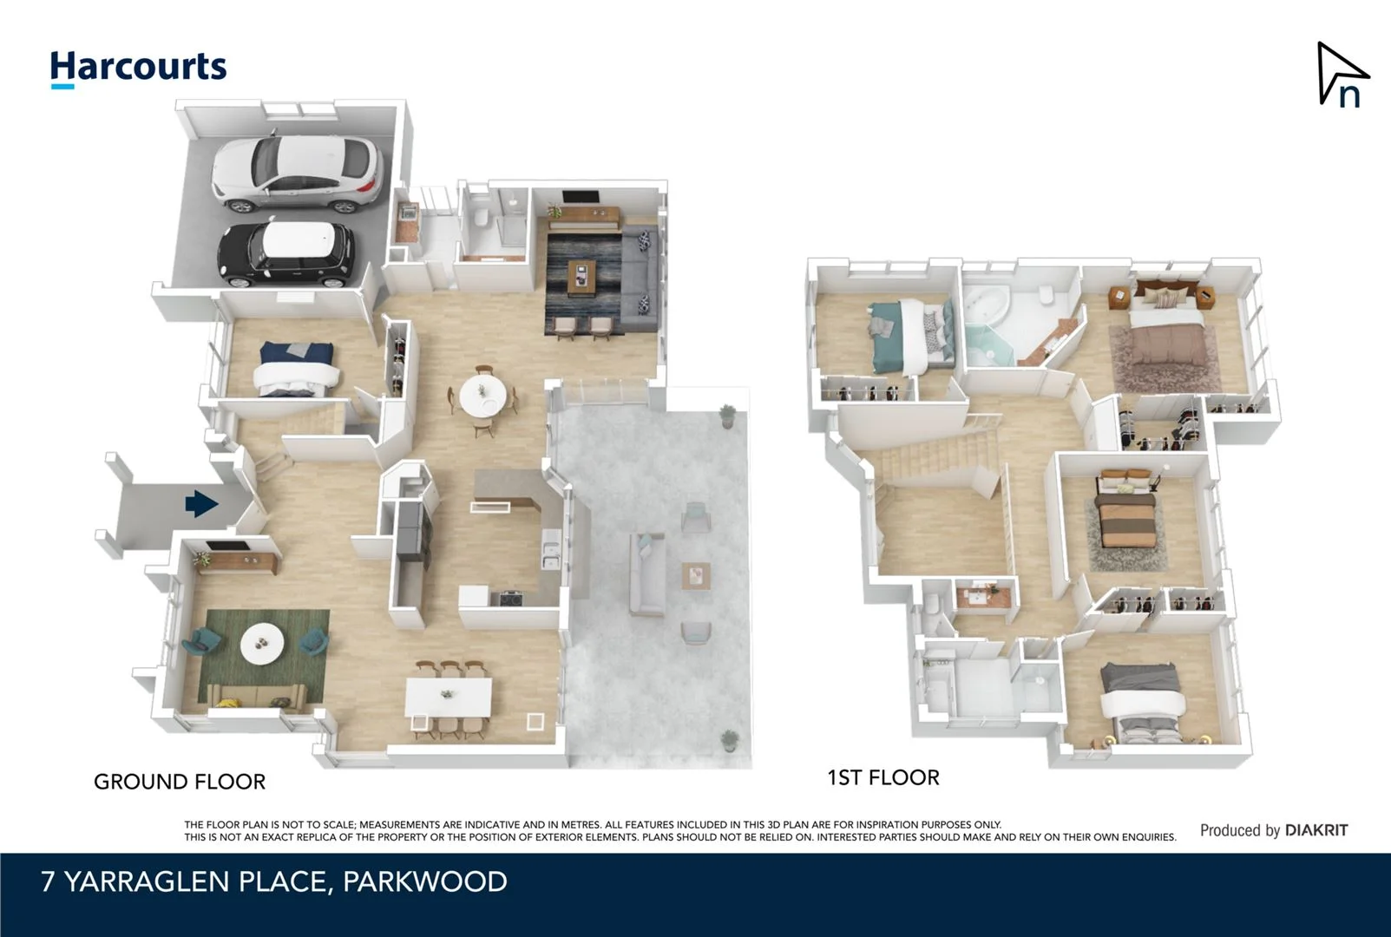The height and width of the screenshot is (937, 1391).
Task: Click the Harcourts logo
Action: pyautogui.click(x=138, y=68)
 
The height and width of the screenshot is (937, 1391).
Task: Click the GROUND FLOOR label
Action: pyautogui.click(x=180, y=782)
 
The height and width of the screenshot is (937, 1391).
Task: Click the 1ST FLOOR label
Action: pyautogui.click(x=883, y=777)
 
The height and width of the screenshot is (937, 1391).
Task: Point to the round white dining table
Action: pyautogui.click(x=482, y=396)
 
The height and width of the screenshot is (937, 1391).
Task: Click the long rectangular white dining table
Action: pyautogui.click(x=449, y=697)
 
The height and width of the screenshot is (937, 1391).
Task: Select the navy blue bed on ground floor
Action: pyautogui.click(x=295, y=369)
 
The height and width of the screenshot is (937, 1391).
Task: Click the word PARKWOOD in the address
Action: pyautogui.click(x=424, y=881)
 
